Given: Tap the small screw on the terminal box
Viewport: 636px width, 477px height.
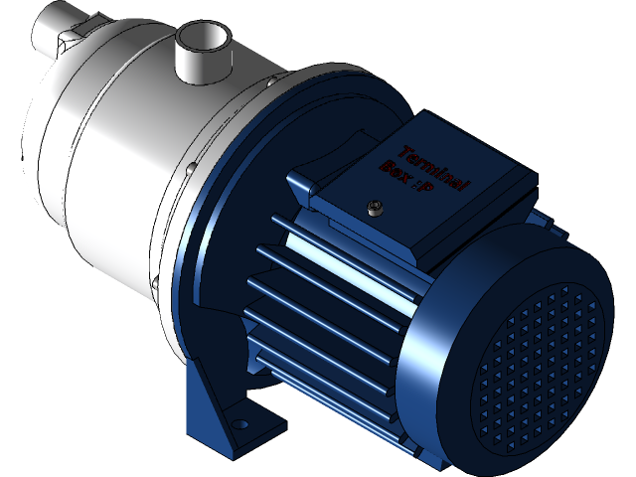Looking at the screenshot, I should point(375,208).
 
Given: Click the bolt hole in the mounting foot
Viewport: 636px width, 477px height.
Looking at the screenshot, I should point(238,425).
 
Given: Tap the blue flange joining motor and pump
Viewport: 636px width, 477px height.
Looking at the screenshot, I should point(214,248).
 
